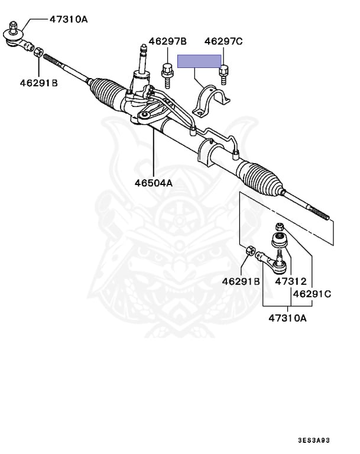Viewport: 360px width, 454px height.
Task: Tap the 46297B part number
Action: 167,41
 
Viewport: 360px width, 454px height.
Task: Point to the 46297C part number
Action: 223,41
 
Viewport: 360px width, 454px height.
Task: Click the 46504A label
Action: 153,183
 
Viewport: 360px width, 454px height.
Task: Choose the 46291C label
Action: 312,293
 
